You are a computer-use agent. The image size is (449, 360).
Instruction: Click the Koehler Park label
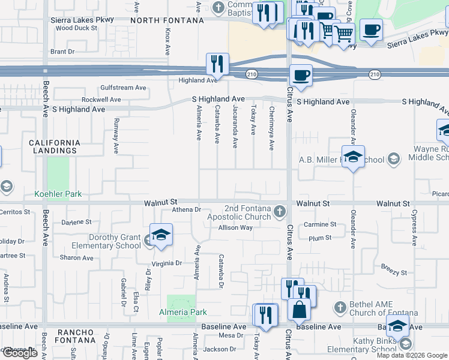[x=58, y=194]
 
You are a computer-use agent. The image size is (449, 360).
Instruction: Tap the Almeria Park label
[x=182, y=312]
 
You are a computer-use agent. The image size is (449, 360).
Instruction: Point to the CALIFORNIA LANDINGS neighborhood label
[x=55, y=146]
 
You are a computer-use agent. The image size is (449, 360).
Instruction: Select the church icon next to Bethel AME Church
[x=339, y=307]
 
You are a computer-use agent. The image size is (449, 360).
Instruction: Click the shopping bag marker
[x=299, y=310]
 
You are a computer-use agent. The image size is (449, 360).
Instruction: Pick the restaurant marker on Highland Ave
[x=217, y=64]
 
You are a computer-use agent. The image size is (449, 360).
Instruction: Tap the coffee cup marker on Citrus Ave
[x=301, y=76]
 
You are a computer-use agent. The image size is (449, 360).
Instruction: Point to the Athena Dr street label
[x=186, y=209]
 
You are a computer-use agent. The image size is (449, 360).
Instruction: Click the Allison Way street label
[x=235, y=228]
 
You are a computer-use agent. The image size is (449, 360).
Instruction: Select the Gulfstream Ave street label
[x=123, y=88]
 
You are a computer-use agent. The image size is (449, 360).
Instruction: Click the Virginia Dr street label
[x=170, y=263]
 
